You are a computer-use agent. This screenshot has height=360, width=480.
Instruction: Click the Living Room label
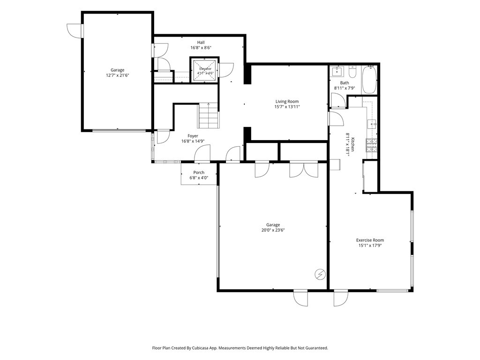coord(287,102)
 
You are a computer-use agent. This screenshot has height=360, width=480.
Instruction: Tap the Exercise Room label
coord(370,240)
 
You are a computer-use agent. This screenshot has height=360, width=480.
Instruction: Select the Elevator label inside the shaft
coord(205,69)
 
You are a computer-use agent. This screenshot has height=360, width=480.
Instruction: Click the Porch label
coord(199,172)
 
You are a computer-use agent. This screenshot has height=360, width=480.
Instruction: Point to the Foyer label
coord(193,136)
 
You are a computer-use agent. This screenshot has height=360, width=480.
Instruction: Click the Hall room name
coord(201,43)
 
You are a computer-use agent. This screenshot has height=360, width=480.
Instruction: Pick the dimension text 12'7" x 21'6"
coord(118,75)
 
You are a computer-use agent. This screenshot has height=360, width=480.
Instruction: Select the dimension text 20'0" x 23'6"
coord(273,230)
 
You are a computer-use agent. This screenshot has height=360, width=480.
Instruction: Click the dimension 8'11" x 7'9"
coord(345,88)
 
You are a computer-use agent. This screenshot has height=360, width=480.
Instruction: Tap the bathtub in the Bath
coord(369,80)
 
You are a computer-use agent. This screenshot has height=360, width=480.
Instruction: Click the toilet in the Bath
coord(352,72)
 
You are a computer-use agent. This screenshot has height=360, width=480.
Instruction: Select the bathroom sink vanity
coord(337,72)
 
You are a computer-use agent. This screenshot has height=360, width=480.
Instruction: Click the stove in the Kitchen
coord(371,145)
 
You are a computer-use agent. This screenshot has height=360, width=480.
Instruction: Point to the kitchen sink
coord(372,124)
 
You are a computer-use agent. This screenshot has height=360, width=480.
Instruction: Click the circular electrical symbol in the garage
coord(320,275)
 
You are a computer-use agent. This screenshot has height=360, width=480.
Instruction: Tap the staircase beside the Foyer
coord(209,116)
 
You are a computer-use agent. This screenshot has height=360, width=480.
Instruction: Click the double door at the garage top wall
coord(302,169)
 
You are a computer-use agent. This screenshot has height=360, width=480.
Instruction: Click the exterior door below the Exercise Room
coord(341,298)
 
